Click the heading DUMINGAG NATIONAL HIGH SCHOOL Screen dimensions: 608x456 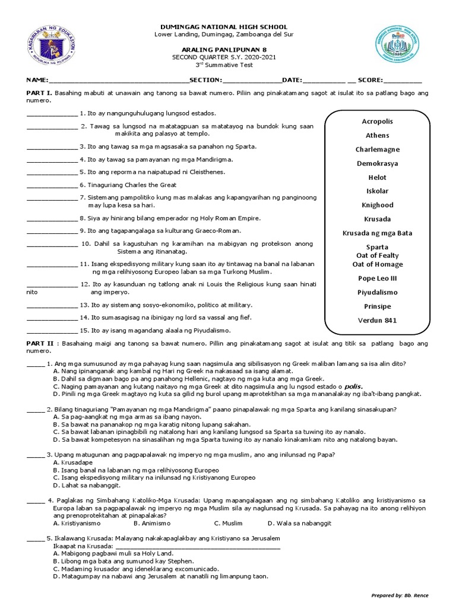(x=228, y=27)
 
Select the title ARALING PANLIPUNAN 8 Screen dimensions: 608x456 (x=228, y=50)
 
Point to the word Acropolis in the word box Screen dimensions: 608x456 (x=377, y=121)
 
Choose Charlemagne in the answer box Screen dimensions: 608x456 (x=377, y=150)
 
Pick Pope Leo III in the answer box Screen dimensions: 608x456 (x=377, y=278)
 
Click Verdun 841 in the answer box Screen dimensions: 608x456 (x=377, y=321)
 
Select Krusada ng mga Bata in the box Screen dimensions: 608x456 (x=377, y=233)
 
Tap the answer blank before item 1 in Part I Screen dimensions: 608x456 (x=52, y=113)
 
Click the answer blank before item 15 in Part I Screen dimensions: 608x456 (x=52, y=331)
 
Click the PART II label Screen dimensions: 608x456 (x=40, y=344)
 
